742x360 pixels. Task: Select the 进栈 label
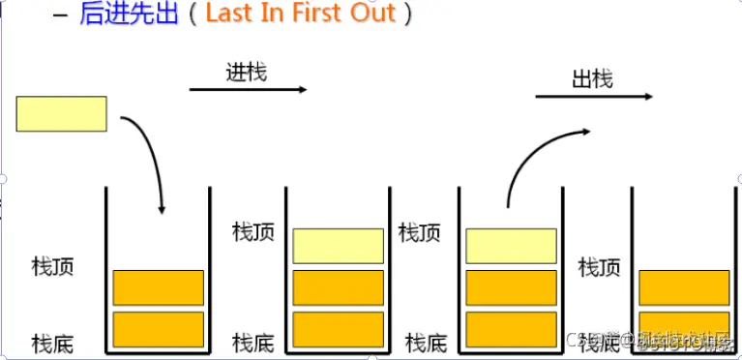click(247, 72)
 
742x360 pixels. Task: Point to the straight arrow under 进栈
click(248, 90)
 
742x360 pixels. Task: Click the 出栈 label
click(592, 77)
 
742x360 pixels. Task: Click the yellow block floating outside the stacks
click(62, 113)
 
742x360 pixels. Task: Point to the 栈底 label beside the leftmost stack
click(52, 342)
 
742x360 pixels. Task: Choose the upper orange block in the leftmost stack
click(159, 287)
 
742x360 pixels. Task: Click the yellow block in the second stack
click(338, 246)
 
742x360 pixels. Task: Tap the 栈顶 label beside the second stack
click(253, 232)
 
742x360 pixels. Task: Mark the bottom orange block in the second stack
click(338, 329)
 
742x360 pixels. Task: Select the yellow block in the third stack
click(511, 246)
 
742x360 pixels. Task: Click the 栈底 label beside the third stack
click(426, 342)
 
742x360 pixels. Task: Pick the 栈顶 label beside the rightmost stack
click(599, 264)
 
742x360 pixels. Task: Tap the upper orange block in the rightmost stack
click(684, 287)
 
